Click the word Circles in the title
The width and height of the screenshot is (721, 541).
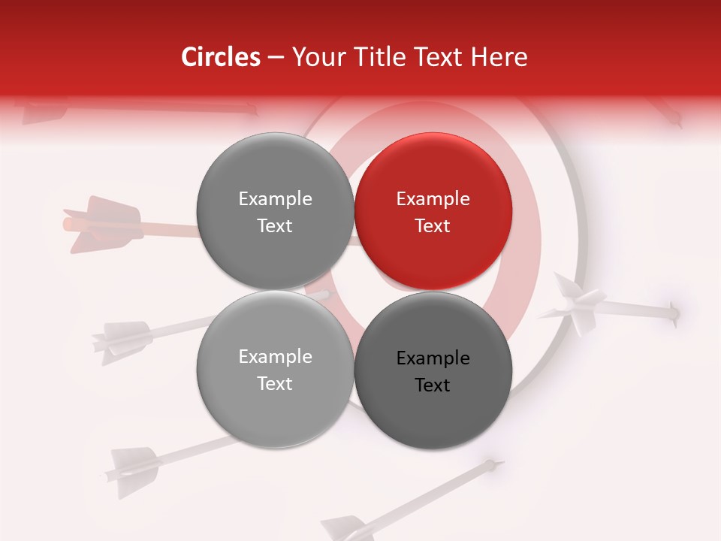(220, 57)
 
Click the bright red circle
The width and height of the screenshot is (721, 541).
(433, 211)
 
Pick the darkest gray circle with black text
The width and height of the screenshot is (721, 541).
(433, 370)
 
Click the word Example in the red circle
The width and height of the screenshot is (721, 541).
(433, 199)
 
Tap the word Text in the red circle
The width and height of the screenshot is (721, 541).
(433, 225)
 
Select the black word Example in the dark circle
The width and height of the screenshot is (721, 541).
(433, 358)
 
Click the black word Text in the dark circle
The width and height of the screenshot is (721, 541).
(433, 385)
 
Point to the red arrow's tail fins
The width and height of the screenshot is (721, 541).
(101, 223)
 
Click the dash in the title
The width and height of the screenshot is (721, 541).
(275, 58)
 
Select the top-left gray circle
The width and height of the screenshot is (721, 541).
(275, 211)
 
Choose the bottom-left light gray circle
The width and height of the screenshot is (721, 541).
(275, 370)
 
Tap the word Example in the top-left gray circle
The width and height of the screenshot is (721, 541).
(275, 199)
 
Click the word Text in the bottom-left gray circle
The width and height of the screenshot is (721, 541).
(275, 383)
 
